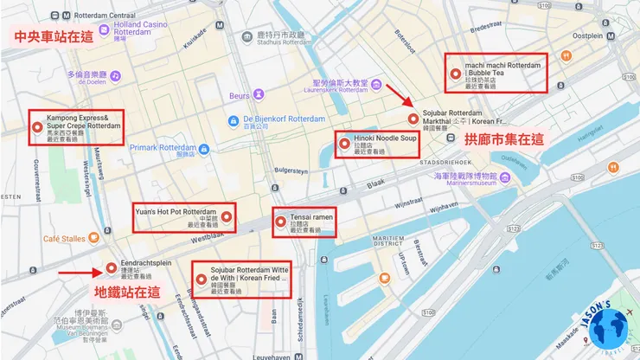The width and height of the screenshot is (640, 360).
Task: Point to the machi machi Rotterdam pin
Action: click(x=455, y=74)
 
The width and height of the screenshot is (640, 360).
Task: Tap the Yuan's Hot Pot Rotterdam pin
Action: click(x=226, y=216)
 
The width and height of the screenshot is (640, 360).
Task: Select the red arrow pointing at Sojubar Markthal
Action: click(x=394, y=92)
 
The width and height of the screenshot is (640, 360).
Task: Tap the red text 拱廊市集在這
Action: click(x=504, y=138)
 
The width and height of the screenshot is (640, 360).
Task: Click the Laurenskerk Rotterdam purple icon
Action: click(x=375, y=84)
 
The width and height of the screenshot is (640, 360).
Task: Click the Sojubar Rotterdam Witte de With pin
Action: click(x=202, y=280)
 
